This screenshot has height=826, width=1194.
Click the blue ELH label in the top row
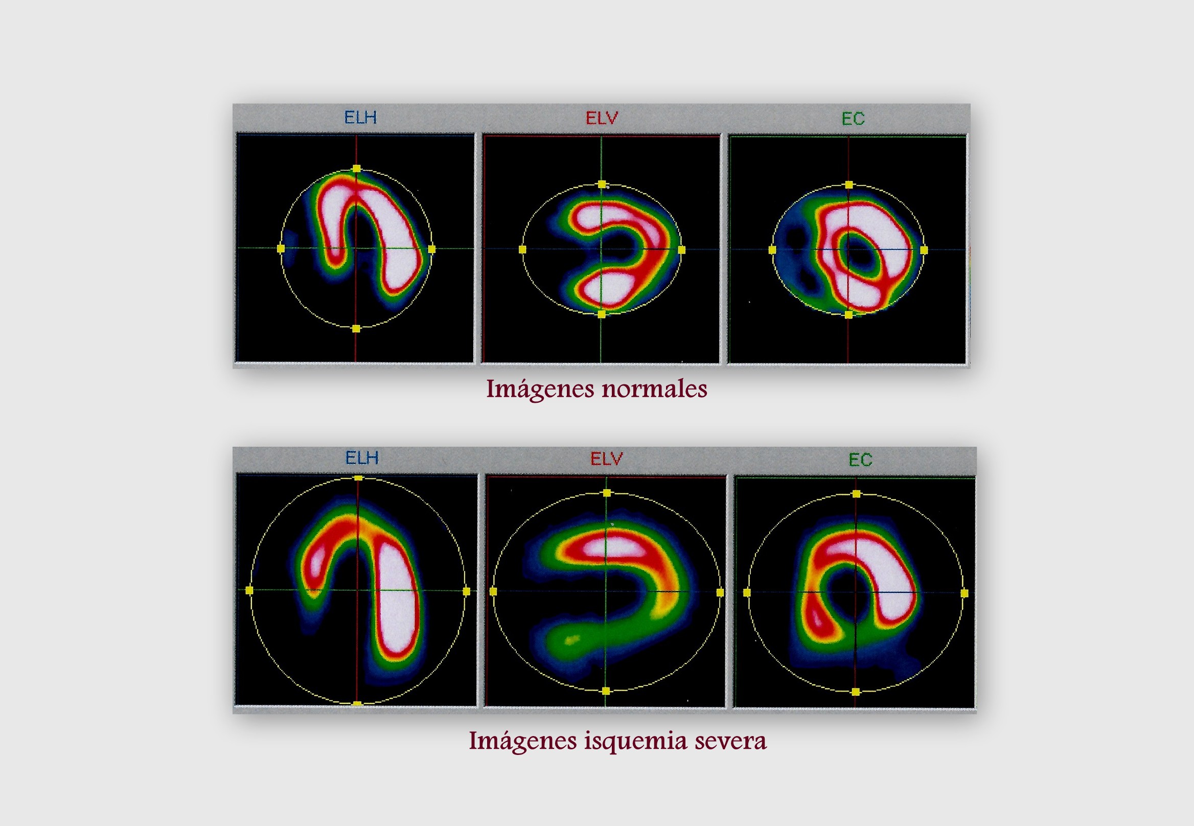[x=360, y=118]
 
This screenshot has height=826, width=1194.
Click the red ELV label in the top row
[x=602, y=119]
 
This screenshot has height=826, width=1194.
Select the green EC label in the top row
[x=853, y=119]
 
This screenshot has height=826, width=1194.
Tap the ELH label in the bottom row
[x=362, y=458]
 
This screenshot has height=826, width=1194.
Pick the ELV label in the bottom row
[x=607, y=458]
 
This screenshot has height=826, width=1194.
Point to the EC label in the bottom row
[x=860, y=460]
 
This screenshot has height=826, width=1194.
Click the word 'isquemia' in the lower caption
[x=636, y=742]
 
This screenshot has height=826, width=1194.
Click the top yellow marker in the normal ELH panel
[x=357, y=169]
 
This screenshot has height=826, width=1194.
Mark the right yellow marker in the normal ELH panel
[x=432, y=249]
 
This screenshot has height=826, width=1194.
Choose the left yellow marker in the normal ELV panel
[x=522, y=250]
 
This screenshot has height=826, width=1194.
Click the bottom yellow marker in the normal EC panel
[x=849, y=314]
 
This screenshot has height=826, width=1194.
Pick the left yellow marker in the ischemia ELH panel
[x=249, y=590]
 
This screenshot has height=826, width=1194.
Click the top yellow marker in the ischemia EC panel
[x=857, y=494]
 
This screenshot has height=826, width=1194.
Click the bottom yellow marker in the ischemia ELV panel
[x=606, y=691]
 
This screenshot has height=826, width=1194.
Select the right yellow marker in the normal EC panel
[x=924, y=250]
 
